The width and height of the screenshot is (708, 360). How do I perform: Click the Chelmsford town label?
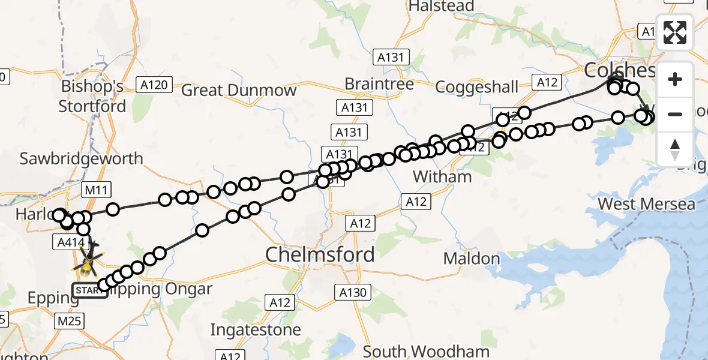click(x=320, y=254)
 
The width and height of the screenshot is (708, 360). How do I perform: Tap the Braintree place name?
click(x=379, y=84)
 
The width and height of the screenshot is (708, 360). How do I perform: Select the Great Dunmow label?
click(x=239, y=91)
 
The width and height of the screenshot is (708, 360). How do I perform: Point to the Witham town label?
click(x=443, y=177)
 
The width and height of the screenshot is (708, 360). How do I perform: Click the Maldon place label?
click(x=472, y=259)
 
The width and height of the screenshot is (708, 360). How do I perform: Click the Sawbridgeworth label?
click(x=82, y=159)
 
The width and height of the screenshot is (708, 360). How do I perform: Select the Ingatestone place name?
click(x=256, y=330)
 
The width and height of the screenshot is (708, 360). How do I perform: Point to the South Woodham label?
click(x=426, y=351)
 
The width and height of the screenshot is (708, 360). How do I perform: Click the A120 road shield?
click(x=154, y=85)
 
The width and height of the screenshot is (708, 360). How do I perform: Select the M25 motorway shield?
click(x=70, y=322)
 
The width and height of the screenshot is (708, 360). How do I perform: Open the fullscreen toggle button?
click(x=675, y=32)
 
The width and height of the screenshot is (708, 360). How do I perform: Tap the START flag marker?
click(x=90, y=291)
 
